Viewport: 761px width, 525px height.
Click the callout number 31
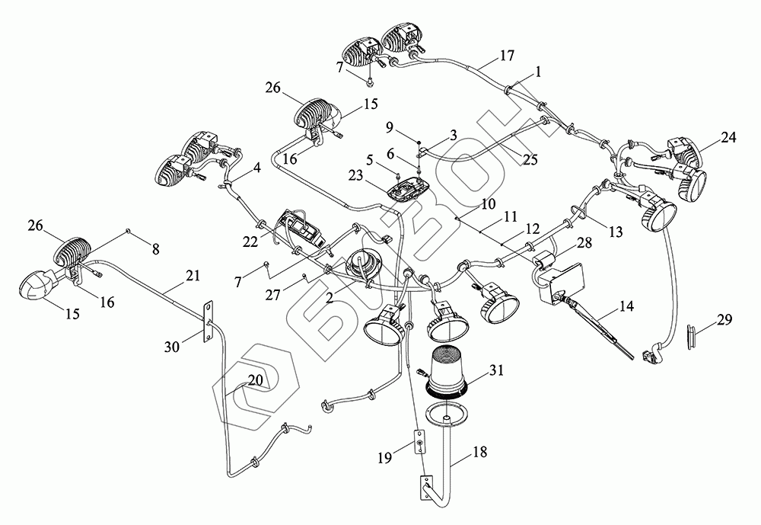pos(495,371)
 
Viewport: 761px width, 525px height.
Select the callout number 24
pos(729,138)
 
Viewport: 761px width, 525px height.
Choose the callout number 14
pos(626,308)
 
